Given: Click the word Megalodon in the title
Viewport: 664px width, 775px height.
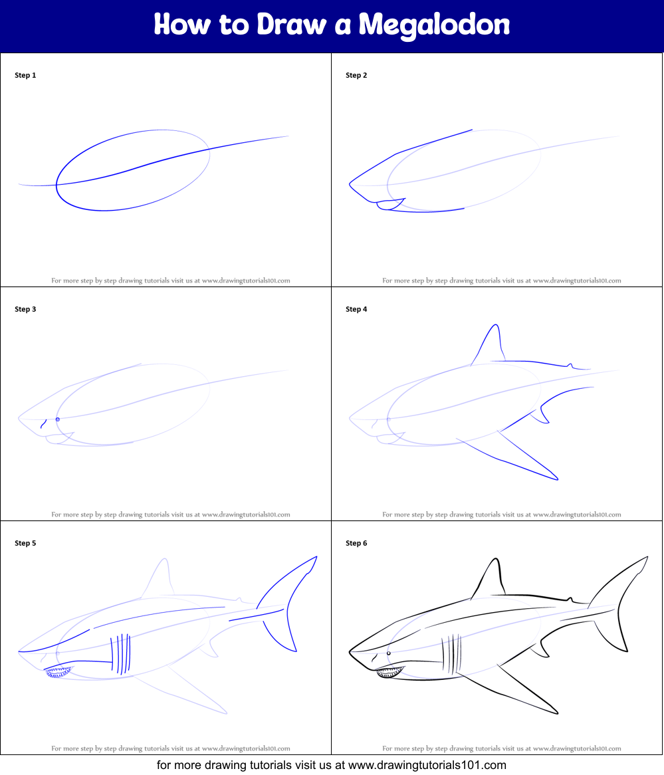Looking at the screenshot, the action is tap(434, 25).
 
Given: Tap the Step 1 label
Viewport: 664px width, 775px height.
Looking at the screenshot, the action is tap(25, 75).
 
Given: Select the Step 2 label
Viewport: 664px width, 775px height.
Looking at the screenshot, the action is tap(356, 75).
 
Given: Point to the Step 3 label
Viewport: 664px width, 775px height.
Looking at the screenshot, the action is tap(25, 309).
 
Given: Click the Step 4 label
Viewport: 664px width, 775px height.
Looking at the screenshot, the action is tap(356, 309).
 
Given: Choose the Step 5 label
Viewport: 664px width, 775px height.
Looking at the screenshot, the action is tap(25, 542).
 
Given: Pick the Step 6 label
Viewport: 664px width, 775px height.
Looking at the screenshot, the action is tap(356, 542).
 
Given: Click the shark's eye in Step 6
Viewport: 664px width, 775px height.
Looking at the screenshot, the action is tap(389, 653).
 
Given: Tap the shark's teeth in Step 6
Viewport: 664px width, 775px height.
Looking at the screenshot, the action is tap(390, 672).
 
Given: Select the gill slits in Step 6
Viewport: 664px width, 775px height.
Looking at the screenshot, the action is tap(451, 655).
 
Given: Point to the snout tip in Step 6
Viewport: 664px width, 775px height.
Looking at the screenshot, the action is tap(350, 652).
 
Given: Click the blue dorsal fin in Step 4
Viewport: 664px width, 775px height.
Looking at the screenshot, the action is tap(489, 344).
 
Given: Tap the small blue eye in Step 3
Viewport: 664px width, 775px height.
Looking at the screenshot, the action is tap(58, 419).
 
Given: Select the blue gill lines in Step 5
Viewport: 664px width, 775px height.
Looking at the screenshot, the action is tap(121, 655).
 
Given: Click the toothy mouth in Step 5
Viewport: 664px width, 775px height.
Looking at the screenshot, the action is tap(59, 672).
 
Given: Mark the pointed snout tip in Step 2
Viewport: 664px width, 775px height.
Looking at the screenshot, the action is tap(350, 184).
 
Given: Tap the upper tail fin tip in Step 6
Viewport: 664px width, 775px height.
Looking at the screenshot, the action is tap(647, 558).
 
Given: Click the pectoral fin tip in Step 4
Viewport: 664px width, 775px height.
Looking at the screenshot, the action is tap(557, 479).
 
